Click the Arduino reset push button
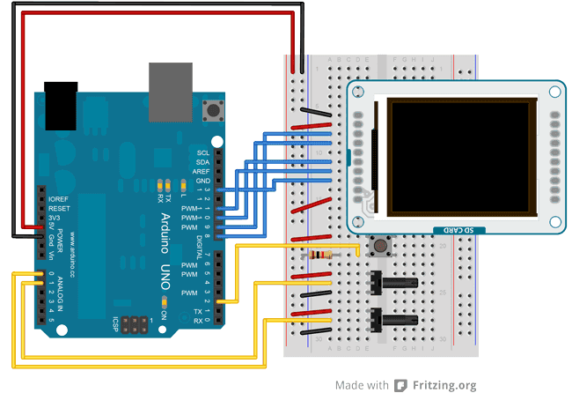pos(212,111)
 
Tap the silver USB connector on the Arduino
pos(166,92)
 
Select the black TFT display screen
pos(463,156)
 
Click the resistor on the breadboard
pos(323,256)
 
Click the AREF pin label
pos(202,172)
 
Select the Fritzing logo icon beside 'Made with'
pos(400,385)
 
